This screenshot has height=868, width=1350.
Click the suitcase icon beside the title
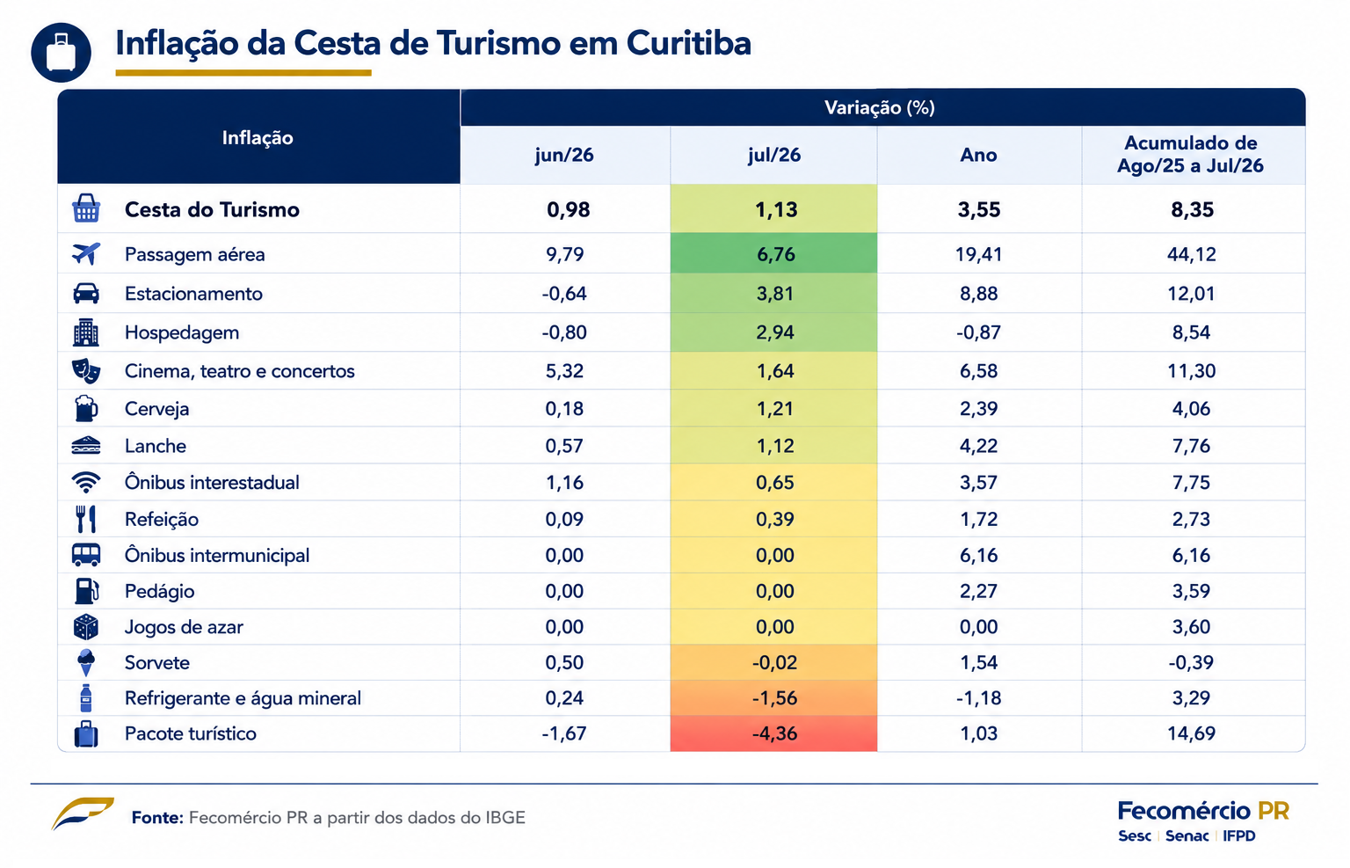61,53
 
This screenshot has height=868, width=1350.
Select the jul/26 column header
773,155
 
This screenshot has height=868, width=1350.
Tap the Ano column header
978,155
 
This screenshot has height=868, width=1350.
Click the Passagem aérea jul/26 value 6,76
776,254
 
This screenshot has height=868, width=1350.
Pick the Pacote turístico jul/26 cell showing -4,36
774,733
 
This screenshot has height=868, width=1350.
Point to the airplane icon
86,253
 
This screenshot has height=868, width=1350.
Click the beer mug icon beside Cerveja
85,408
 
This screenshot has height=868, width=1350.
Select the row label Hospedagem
181,332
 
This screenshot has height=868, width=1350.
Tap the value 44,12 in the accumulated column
1192,254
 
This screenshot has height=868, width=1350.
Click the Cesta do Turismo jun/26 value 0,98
568,209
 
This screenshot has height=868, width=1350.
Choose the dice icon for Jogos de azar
85,627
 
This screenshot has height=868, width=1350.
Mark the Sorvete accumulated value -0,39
1191,662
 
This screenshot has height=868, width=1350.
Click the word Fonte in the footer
157,817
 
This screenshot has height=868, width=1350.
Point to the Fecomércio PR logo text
1203,812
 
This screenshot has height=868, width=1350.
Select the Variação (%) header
879,107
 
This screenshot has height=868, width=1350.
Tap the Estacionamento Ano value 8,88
979,294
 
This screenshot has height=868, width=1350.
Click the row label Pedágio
159,591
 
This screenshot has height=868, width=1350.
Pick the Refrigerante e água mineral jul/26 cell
774,698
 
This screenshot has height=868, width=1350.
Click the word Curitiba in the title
688,43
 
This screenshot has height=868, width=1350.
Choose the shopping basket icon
86,208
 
